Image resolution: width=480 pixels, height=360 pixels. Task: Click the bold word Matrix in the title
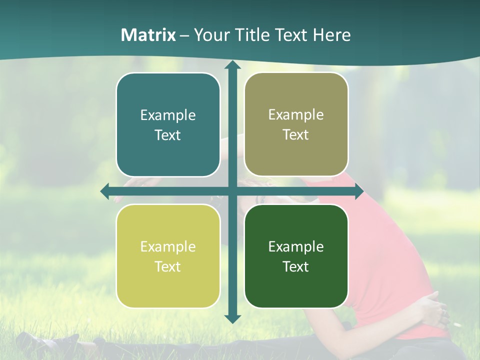coord(148,35)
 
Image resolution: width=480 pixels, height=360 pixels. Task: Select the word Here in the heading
coord(331,35)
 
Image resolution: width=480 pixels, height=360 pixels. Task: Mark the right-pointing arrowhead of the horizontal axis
coord(358,191)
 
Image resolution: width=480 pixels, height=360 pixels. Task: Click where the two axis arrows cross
coord(232,191)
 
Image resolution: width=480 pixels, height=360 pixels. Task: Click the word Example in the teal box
coord(168,115)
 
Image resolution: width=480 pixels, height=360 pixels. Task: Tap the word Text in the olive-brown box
coord(296,134)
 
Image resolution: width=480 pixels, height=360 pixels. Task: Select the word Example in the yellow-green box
coord(168,246)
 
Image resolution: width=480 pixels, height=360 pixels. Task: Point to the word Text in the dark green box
coord(296,266)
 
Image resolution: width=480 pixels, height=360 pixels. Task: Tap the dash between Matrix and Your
coord(184,35)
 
